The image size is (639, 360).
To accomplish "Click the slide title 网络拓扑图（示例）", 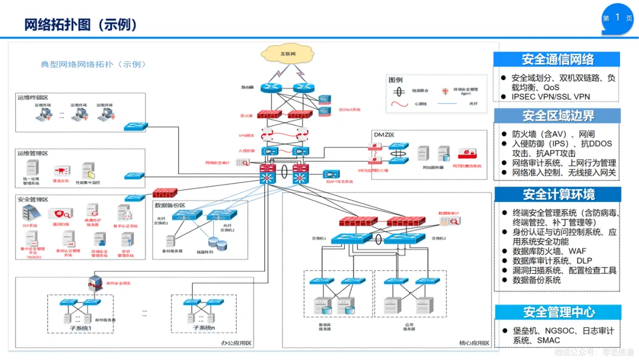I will tap(81, 24).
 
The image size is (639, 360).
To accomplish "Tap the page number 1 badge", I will tap(618, 18).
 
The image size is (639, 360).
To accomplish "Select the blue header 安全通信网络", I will tap(557, 59).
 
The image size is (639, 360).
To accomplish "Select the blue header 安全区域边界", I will tap(557, 115).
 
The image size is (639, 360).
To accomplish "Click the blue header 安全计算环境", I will tap(557, 194).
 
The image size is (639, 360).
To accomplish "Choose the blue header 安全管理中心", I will tap(557, 312).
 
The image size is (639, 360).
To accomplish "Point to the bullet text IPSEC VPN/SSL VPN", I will tap(550, 97).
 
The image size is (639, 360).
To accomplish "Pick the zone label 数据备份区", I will tap(170, 205).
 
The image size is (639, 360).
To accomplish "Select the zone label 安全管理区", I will tap(33, 200).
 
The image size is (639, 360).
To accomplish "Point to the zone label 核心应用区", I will tap(474, 343).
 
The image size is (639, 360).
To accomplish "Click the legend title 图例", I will tap(395, 80).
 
